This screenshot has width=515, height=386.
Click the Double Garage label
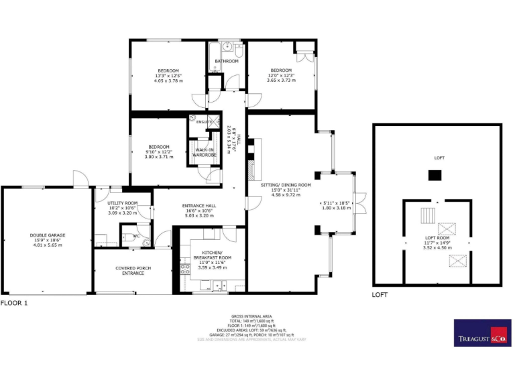coord(47,235)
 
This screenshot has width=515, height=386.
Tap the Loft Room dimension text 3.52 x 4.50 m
coord(437,247)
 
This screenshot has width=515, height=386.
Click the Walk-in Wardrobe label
coord(205,152)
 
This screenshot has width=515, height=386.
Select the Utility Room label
coord(122,203)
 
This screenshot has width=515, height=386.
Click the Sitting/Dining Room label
coord(286,184)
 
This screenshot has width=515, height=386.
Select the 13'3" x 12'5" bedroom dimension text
coord(168,75)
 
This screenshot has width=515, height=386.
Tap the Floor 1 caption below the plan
coord(14,303)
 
